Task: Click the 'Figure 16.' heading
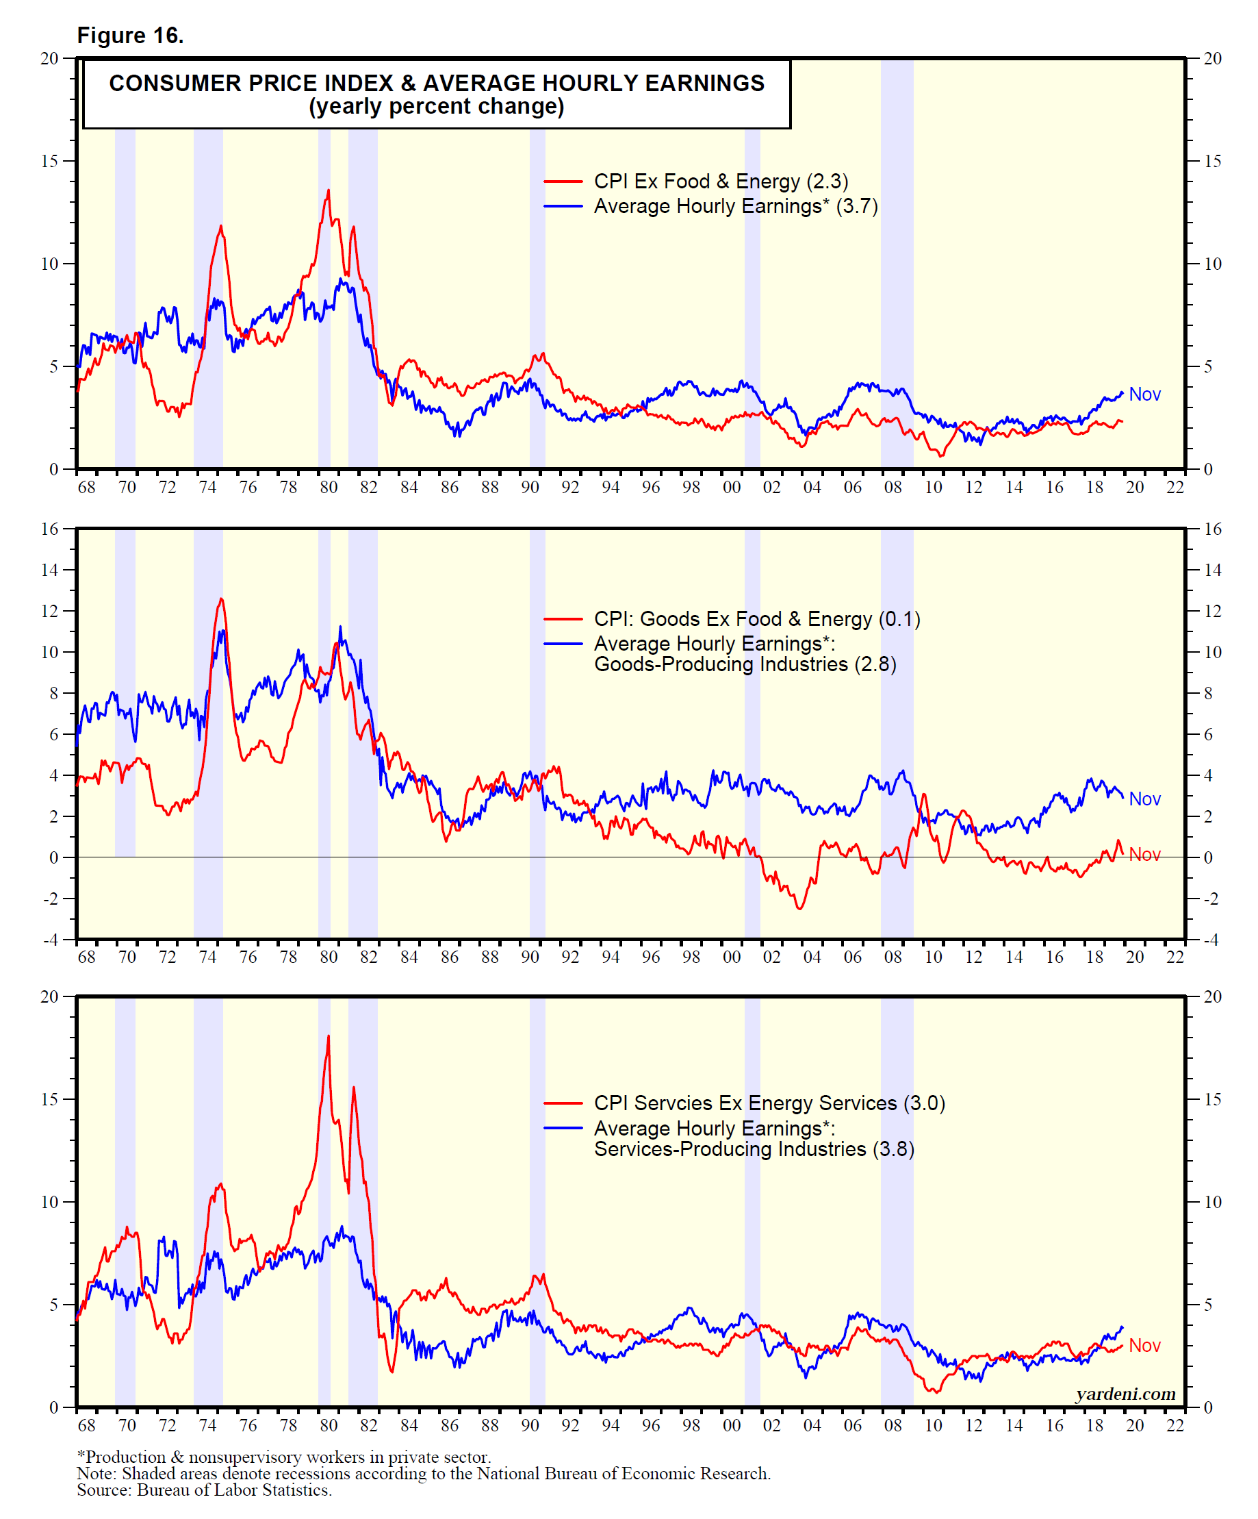[130, 36]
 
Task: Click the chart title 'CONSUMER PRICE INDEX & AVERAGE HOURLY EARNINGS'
[436, 83]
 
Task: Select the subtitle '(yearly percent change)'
[436, 107]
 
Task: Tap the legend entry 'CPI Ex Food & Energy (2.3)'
[720, 181]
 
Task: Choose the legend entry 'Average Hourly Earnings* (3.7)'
[735, 206]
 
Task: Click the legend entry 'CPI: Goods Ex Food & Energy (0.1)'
[756, 619]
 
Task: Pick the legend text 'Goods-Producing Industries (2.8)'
[745, 664]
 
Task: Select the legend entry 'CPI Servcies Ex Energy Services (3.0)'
[769, 1103]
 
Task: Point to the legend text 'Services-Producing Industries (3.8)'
[754, 1148]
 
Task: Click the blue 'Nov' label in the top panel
[1144, 394]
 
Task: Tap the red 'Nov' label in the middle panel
[1144, 854]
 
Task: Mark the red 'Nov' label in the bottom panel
[1144, 1346]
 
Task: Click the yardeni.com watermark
[1125, 1394]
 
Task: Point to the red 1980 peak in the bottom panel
[329, 1037]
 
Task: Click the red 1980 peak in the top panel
[329, 191]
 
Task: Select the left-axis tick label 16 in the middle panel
[49, 529]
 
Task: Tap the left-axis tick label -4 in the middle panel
[51, 940]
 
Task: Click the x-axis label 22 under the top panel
[1175, 488]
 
